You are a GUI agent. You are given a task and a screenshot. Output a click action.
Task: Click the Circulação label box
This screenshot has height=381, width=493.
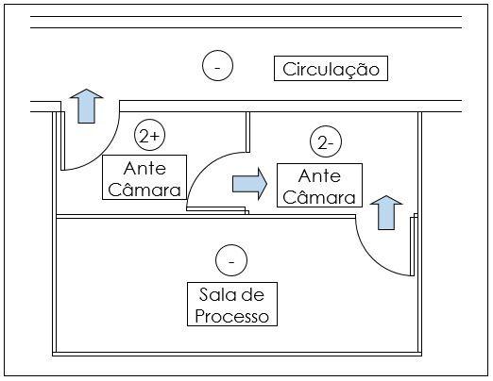tap(331, 69)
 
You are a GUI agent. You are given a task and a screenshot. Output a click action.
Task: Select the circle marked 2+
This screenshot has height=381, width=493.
tap(149, 135)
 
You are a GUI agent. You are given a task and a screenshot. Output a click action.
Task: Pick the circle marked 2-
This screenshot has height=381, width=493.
tap(326, 141)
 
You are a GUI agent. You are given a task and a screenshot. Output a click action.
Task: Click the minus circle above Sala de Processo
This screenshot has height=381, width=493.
tap(231, 260)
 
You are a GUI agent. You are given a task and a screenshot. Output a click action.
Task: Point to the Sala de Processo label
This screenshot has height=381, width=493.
tap(232, 304)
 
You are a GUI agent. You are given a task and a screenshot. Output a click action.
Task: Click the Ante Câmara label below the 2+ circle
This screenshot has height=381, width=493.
tap(144, 177)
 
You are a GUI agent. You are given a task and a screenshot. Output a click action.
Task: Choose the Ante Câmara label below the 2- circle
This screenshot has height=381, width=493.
tap(319, 185)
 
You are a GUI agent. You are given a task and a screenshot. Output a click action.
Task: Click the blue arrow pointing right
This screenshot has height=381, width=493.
tap(249, 184)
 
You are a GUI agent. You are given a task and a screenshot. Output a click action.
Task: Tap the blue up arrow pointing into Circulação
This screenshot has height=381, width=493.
tap(86, 106)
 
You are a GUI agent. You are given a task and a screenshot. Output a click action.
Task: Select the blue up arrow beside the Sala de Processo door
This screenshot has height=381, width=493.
tap(386, 212)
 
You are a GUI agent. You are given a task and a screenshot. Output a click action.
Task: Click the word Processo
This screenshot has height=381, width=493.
tap(231, 316)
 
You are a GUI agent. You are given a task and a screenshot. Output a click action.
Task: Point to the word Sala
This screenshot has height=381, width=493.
tap(212, 294)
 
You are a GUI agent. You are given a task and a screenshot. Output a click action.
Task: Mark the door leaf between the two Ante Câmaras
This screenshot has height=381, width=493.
tap(216, 208)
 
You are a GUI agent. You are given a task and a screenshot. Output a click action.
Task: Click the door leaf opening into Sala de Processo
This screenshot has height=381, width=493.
tap(412, 246)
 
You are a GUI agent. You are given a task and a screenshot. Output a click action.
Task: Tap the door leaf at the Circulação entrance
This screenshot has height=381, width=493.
tap(62, 141)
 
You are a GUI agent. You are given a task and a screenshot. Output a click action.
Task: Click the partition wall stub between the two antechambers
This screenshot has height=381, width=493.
tap(247, 132)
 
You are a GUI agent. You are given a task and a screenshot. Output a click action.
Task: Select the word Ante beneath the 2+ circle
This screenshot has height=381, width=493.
tap(144, 169)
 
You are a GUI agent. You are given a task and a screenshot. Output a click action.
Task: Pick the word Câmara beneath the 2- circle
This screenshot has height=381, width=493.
tap(319, 197)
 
